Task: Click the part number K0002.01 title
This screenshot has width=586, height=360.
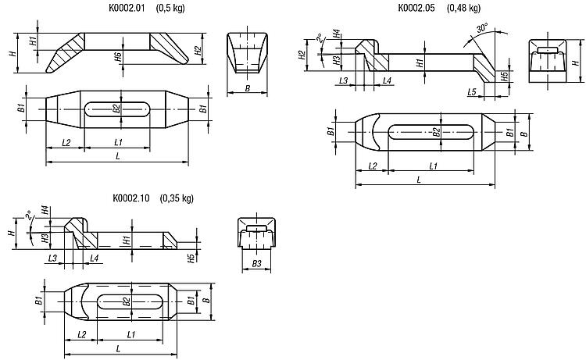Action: [x=127, y=8]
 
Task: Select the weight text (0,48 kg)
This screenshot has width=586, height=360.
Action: [x=463, y=8]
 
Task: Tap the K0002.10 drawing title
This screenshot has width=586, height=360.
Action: [x=130, y=198]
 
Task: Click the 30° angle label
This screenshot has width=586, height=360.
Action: [x=482, y=28]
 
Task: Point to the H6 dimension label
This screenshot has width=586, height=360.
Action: [x=118, y=57]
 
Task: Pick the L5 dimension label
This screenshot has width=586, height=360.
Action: [x=472, y=91]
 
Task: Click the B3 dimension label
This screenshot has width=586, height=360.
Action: [x=257, y=264]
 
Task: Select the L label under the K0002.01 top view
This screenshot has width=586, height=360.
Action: [x=118, y=155]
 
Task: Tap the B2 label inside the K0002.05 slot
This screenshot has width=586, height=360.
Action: [x=436, y=132]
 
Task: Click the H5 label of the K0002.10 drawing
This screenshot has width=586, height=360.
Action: [x=191, y=258]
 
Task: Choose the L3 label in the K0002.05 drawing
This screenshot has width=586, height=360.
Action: [x=344, y=80]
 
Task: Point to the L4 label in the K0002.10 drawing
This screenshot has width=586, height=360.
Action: [x=94, y=258]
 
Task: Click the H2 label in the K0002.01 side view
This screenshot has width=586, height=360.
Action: [x=198, y=51]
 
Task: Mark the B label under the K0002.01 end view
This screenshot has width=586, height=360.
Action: [x=247, y=88]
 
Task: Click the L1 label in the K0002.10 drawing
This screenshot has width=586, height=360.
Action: [x=130, y=334]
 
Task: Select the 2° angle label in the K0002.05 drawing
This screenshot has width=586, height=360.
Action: [x=320, y=37]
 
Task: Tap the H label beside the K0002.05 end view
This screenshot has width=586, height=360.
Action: [x=576, y=60]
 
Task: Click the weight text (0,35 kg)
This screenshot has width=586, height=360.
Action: [x=177, y=198]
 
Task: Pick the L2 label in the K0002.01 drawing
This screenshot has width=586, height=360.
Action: [x=66, y=142]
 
